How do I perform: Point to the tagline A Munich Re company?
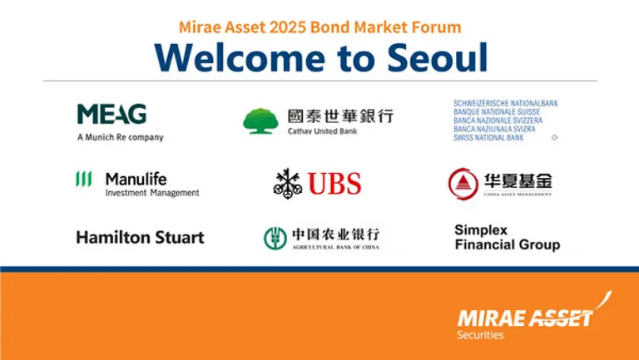pos(120,137)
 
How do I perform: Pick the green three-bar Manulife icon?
pos(84,179)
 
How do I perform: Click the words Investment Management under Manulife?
pos(152,193)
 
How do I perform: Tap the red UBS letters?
pos(334,184)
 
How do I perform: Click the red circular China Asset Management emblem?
pos(463,184)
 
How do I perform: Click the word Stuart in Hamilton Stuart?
pos(177,238)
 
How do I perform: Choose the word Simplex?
pos(481,229)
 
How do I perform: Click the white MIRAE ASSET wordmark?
pos(525,318)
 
